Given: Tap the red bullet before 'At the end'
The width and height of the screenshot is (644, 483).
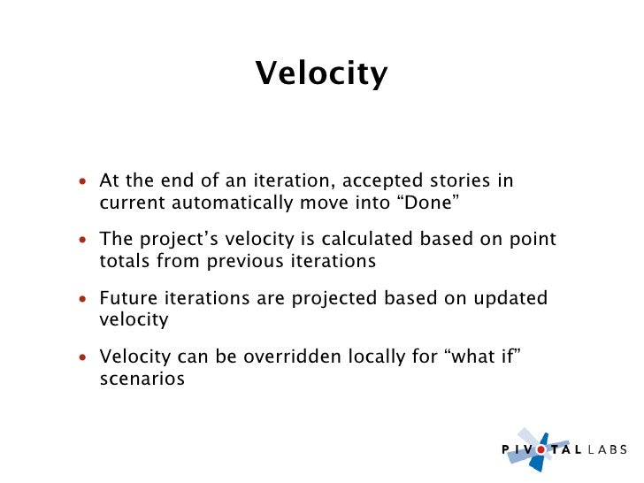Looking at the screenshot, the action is point(83,180).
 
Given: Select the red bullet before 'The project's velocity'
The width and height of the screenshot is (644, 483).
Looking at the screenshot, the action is point(83,240).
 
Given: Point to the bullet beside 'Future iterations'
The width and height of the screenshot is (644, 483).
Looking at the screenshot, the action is point(83,299).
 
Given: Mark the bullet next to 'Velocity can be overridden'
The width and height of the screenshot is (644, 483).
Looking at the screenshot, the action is point(83,357).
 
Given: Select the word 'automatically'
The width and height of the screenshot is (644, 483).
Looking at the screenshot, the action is point(232,203).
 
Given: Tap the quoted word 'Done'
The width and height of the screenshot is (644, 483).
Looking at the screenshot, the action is point(428,203).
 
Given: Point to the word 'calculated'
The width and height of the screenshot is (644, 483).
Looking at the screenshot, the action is point(367,239).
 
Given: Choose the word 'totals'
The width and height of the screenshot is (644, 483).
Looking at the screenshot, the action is point(125,261).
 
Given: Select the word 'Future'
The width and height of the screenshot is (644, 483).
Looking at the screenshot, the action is point(128,298).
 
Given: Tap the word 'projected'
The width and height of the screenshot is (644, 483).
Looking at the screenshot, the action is point(334,299).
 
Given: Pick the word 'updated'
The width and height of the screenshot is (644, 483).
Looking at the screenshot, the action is point(510,299).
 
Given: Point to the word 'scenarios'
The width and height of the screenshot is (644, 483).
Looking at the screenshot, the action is point(142,379).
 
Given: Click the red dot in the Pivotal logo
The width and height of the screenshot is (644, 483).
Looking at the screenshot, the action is point(541,449).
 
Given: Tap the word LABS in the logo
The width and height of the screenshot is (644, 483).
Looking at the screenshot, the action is point(608,449).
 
